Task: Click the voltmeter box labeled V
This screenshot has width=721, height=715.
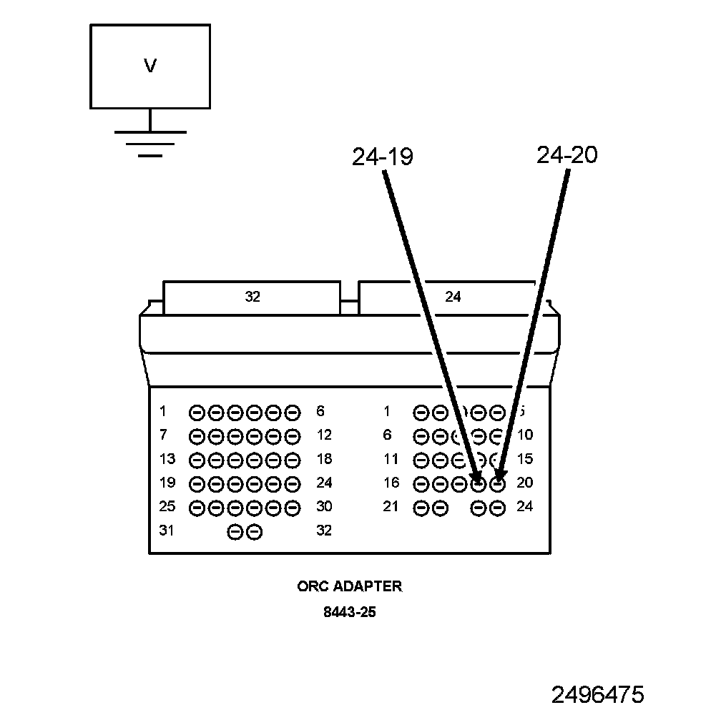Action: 149,66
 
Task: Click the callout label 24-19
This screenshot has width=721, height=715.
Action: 382,157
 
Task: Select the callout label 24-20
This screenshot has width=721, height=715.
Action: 566,154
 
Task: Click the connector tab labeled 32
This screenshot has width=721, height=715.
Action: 252,297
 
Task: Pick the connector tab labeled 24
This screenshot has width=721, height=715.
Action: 453,297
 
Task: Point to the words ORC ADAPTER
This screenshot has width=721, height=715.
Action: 349,586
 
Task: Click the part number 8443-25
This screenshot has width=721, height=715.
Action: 349,613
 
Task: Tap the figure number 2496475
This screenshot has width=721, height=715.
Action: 597,694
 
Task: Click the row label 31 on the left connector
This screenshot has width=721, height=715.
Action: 167,531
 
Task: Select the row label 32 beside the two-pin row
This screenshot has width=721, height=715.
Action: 323,531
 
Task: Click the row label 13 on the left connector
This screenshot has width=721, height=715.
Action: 167,459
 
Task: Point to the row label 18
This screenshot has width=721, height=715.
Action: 323,459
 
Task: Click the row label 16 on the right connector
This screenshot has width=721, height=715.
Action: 391,483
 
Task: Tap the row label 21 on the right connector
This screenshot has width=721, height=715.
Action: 391,507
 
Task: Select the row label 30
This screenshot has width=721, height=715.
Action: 323,507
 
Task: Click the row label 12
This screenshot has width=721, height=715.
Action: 323,435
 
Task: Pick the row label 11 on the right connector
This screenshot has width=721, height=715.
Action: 391,459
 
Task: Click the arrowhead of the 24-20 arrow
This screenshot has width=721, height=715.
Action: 500,478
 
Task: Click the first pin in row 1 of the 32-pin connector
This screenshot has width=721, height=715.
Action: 197,413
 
